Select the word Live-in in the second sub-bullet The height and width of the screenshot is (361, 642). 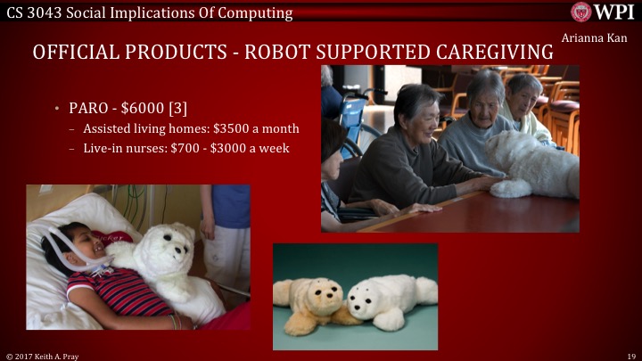(103, 148)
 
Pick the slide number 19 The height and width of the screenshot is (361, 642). (631, 355)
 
